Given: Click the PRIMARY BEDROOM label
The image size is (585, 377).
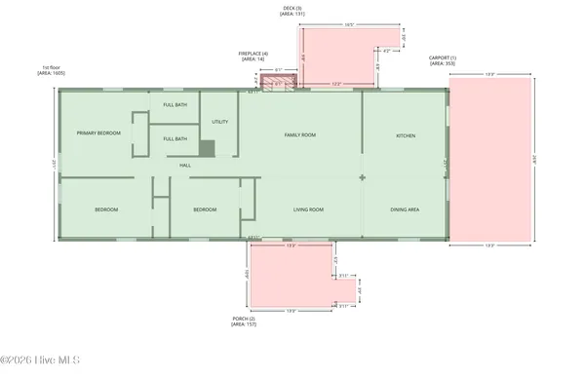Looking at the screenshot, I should (98, 132).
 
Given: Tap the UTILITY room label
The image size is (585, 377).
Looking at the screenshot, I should (219, 122).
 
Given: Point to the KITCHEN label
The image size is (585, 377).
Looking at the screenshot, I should (406, 135).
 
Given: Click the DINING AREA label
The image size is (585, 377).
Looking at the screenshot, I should (406, 209).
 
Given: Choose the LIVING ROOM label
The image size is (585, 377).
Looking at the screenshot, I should (308, 209).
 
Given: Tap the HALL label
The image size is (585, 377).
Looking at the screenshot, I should (184, 165).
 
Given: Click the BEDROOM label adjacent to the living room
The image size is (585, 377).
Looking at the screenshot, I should (204, 209).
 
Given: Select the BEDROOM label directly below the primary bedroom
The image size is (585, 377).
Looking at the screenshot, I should (106, 209).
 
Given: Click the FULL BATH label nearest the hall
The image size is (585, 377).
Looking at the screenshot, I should (175, 138).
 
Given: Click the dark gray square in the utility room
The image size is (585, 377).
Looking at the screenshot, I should (207, 148).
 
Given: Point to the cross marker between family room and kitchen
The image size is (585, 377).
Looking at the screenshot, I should (363, 177).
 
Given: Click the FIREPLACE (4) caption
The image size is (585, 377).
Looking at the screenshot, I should (253, 56).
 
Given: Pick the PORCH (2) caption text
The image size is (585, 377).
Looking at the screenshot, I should (243, 320).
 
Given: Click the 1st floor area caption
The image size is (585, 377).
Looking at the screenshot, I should (50, 70).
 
